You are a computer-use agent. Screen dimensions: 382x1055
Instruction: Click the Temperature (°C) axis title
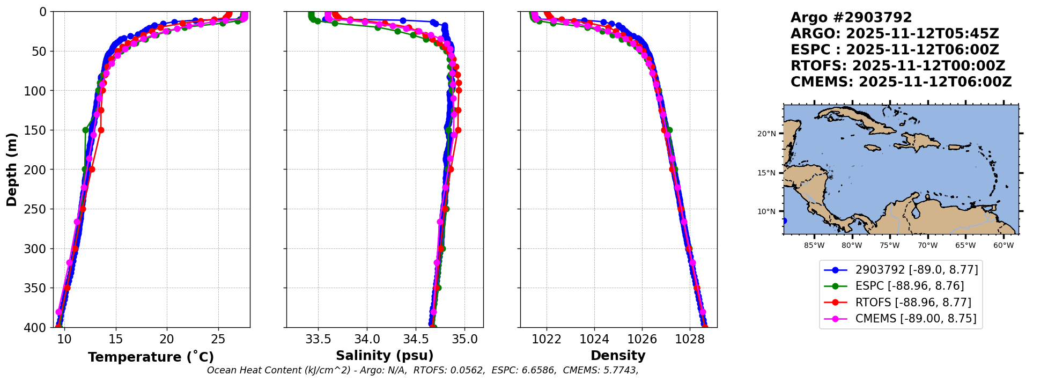(x=151, y=357)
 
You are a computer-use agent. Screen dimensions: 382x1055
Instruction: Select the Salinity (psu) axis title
(x=385, y=356)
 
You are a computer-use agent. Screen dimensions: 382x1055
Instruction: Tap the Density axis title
(x=618, y=356)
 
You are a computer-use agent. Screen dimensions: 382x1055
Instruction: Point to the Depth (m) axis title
(x=12, y=170)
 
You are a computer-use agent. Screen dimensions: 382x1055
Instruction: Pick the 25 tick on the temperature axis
(x=218, y=339)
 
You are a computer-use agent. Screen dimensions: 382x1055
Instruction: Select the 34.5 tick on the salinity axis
(x=416, y=339)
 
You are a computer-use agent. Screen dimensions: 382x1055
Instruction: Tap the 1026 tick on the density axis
(x=642, y=339)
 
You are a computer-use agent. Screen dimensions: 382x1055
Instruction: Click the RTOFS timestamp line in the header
(x=897, y=66)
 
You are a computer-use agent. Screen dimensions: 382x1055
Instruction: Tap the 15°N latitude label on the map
(x=766, y=173)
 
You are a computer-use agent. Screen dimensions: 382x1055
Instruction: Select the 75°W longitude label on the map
(x=889, y=246)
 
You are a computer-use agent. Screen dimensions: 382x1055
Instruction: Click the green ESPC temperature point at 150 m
(x=85, y=130)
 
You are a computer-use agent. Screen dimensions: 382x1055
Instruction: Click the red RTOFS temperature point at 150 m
(x=101, y=130)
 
